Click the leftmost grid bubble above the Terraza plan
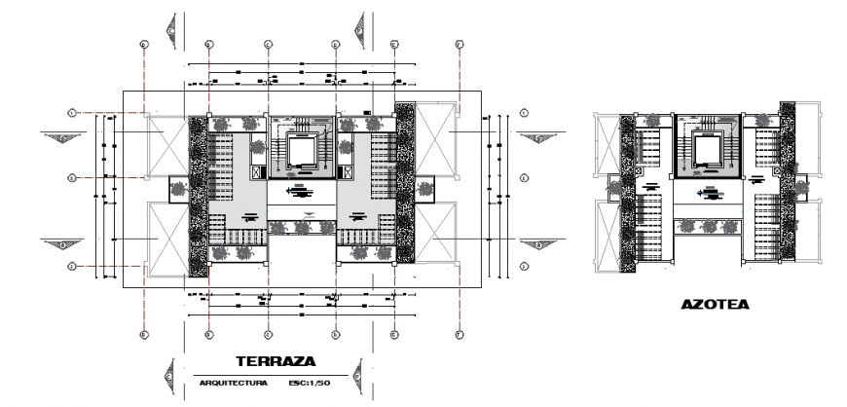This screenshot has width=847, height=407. (x=143, y=45)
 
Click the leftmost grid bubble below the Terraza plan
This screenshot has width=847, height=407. (x=143, y=335)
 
